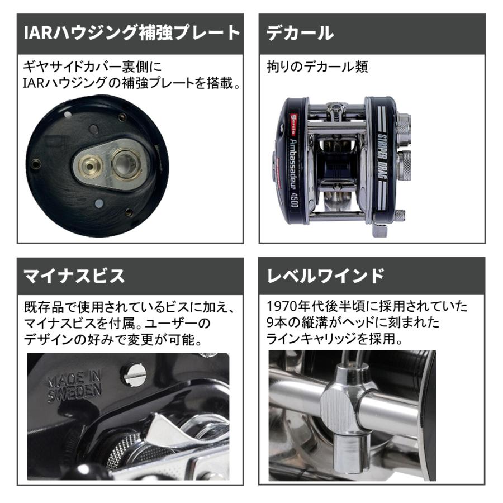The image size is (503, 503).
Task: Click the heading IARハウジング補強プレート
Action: coord(132,33)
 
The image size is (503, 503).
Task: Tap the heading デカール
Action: coord(300,33)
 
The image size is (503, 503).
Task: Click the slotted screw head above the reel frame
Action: coord(134,374)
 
